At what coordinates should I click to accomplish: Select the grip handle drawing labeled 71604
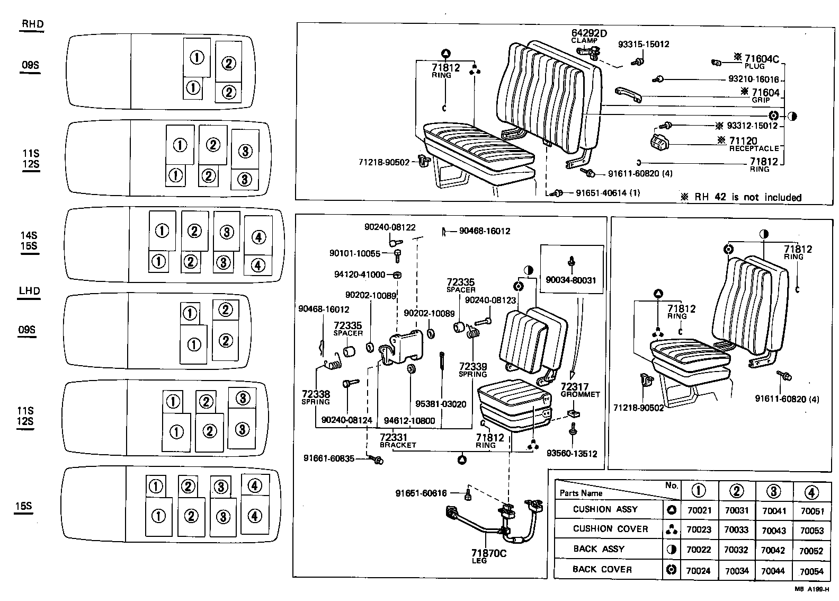click(x=629, y=94)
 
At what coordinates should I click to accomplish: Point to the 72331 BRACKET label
click(x=398, y=440)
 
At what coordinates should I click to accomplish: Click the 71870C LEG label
click(x=488, y=556)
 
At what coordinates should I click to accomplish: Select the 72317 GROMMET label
click(x=579, y=390)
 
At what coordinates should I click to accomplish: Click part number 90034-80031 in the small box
click(x=572, y=279)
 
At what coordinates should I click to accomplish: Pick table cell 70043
click(x=773, y=531)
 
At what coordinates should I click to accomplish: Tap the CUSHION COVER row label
click(x=610, y=529)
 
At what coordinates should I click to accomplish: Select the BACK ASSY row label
click(x=599, y=549)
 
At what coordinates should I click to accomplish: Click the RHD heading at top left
click(x=32, y=24)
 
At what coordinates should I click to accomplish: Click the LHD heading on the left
click(x=30, y=291)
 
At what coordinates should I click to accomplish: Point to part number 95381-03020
click(x=441, y=404)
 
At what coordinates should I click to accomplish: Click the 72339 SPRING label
click(x=472, y=369)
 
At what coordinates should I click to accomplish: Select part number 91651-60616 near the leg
click(x=421, y=493)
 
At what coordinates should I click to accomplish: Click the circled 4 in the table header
click(x=811, y=492)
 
